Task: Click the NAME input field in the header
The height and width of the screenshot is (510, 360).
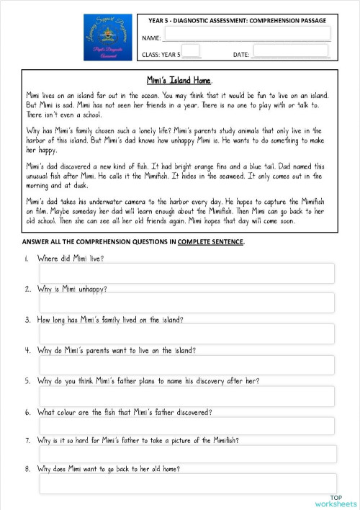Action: point(247,35)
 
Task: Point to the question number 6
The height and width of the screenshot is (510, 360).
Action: point(27,413)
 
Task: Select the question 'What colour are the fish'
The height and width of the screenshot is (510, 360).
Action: point(124,413)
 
